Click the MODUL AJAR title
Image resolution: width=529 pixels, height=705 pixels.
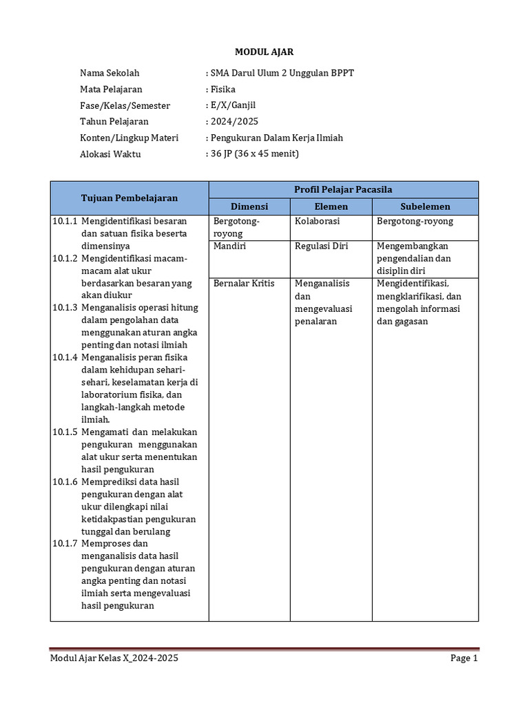tap(264, 52)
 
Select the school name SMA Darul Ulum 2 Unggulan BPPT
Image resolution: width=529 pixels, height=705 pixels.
tap(281, 73)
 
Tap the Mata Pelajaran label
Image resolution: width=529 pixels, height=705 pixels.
tap(111, 90)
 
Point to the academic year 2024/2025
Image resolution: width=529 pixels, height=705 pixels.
tap(234, 122)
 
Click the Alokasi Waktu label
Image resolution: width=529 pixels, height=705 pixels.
tap(110, 154)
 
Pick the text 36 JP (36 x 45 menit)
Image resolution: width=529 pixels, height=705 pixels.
tap(253, 154)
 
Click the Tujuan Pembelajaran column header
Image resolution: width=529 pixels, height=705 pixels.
tap(129, 198)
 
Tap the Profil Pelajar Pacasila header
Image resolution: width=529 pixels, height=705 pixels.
tap(343, 189)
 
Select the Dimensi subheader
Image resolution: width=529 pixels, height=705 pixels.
tap(249, 207)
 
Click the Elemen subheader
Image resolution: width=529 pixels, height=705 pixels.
tap(331, 207)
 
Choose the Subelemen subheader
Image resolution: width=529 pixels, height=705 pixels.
tap(425, 207)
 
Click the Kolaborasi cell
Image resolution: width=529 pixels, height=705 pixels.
tap(317, 222)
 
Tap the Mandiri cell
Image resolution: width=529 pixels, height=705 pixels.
tap(229, 246)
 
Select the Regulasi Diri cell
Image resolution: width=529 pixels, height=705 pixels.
tap(321, 246)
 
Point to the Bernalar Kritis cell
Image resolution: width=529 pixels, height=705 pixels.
tap(244, 283)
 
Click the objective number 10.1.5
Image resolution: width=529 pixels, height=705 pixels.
tap(65, 432)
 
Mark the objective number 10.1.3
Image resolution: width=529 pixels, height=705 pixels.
tap(65, 308)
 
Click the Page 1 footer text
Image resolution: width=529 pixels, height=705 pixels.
tap(464, 659)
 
